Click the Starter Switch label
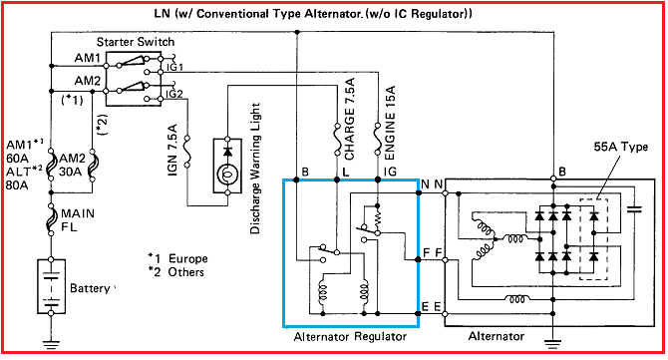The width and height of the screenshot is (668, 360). pyautogui.click(x=136, y=42)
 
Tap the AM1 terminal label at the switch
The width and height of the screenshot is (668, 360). pyautogui.click(x=88, y=58)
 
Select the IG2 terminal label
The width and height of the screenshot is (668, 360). pyautogui.click(x=174, y=94)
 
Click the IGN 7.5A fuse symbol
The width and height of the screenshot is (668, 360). pyautogui.click(x=186, y=152)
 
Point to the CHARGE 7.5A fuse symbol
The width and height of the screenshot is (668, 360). pyautogui.click(x=337, y=140)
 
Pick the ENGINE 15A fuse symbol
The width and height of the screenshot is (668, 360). pyautogui.click(x=377, y=140)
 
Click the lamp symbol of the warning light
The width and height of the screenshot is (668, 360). pyautogui.click(x=227, y=175)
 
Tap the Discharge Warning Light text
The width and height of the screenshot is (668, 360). pyautogui.click(x=255, y=169)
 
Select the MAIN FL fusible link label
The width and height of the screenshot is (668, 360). pyautogui.click(x=78, y=219)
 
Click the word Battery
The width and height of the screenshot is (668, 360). pyautogui.click(x=90, y=288)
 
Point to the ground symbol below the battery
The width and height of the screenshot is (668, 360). pyautogui.click(x=51, y=344)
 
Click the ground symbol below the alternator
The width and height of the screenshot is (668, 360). pyautogui.click(x=552, y=344)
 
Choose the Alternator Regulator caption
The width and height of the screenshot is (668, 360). pyautogui.click(x=350, y=337)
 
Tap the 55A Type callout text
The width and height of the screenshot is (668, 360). pyautogui.click(x=621, y=147)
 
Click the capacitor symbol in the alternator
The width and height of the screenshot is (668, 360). pyautogui.click(x=634, y=209)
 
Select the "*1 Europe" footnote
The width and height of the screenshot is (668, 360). pyautogui.click(x=177, y=258)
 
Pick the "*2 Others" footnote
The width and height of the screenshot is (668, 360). pyautogui.click(x=175, y=272)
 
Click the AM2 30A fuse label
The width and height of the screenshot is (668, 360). pyautogui.click(x=73, y=166)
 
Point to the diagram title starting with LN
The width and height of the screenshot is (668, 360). pyautogui.click(x=313, y=14)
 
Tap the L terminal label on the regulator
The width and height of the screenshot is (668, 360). pyautogui.click(x=346, y=172)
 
